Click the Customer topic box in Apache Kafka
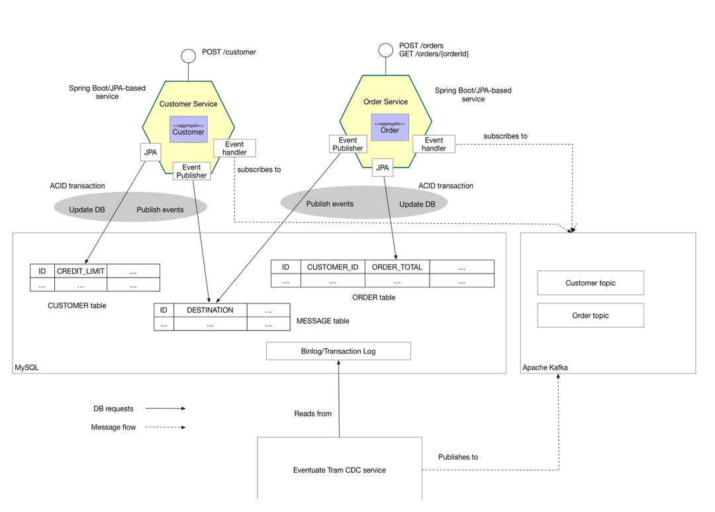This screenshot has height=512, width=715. click(590, 283)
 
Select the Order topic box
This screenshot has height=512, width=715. click(590, 315)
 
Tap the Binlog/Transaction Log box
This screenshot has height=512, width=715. click(338, 351)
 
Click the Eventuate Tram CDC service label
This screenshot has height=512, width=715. click(339, 470)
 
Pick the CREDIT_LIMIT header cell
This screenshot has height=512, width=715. click(81, 271)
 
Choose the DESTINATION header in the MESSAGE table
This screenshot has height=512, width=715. click(210, 310)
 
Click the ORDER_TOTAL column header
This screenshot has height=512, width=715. click(397, 267)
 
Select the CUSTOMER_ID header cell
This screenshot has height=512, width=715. click(332, 267)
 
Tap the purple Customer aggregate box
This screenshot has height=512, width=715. click(189, 129)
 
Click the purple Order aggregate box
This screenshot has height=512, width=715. click(389, 127)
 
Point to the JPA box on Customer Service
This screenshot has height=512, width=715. click(151, 152)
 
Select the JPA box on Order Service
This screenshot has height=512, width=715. click(383, 168)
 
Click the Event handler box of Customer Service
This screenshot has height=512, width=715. click(234, 148)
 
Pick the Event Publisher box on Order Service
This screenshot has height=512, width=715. click(348, 144)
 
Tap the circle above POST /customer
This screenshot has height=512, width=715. click(189, 56)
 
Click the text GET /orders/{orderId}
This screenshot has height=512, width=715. click(434, 54)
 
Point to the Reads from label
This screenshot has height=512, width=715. click(312, 414)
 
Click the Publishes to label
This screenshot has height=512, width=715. click(457, 457)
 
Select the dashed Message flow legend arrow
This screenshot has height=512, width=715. click(166, 427)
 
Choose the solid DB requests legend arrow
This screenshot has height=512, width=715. click(166, 409)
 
